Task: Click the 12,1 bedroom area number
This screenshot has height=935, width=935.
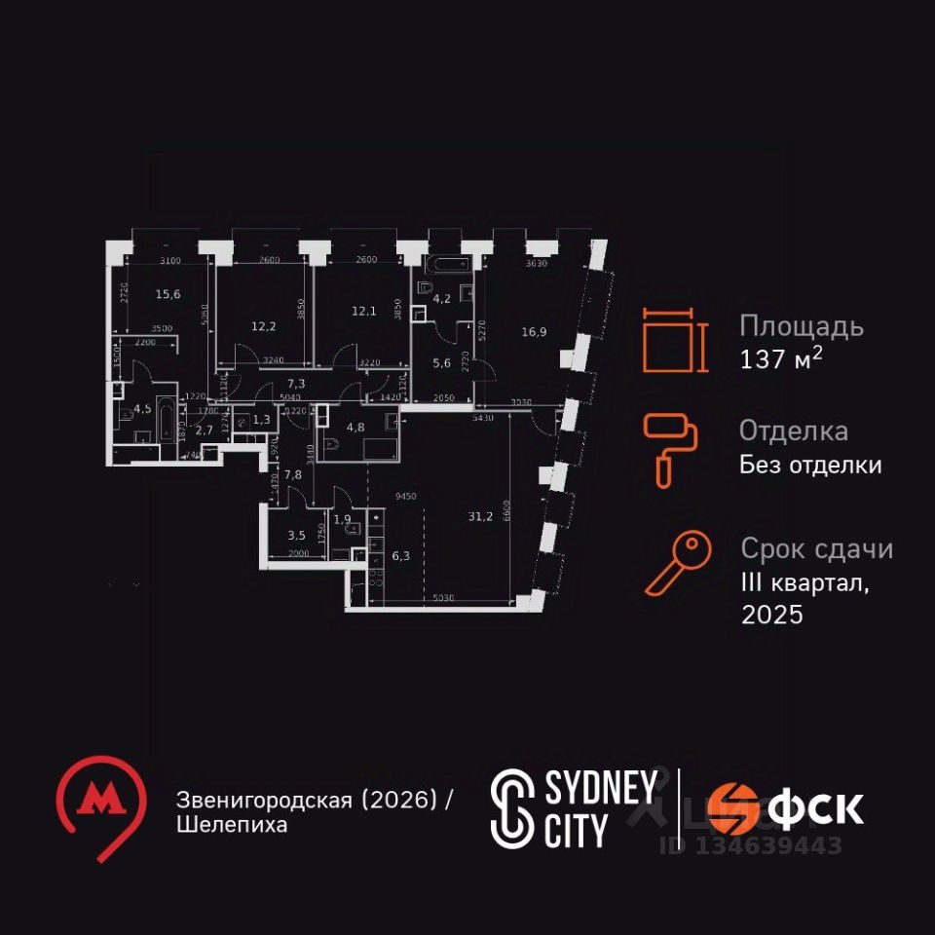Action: click(x=364, y=311)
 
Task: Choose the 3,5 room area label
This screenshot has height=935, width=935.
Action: click(x=298, y=534)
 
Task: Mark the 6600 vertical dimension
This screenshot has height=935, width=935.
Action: click(x=505, y=517)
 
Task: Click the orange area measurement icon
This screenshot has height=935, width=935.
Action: click(x=672, y=340)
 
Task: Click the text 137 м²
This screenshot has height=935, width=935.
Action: click(x=781, y=358)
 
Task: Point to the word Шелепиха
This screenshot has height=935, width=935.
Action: click(x=233, y=825)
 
